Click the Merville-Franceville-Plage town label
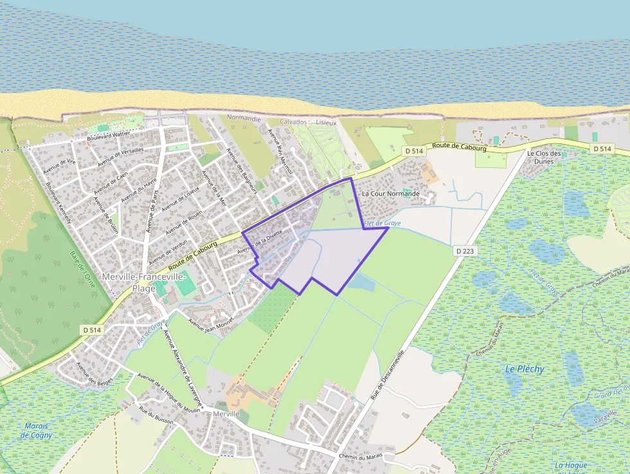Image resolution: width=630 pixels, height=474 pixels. tap(143, 282)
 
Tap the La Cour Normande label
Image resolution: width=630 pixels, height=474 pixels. tap(390, 194)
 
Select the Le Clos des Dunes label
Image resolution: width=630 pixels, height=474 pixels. tap(544, 158)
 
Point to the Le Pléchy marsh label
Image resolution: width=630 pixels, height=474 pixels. tap(525, 369)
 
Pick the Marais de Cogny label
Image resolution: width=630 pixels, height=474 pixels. tap(36, 430)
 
